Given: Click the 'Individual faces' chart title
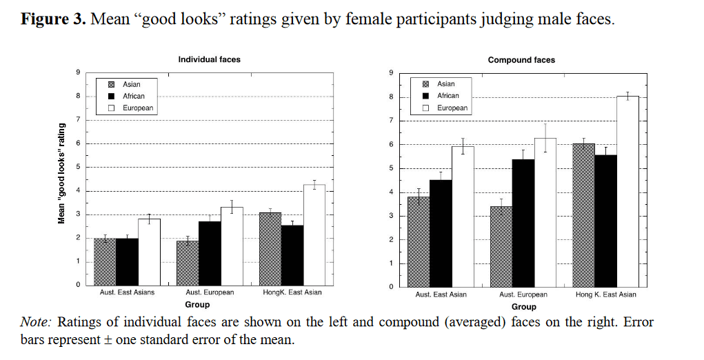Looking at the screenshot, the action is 209,59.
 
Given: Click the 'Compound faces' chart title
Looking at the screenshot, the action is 521,60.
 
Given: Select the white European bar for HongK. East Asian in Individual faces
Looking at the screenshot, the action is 314,234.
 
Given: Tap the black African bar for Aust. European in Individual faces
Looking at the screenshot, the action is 210,254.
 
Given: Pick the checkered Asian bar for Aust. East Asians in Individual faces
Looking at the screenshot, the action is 105,261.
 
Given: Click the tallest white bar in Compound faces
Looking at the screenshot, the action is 627,192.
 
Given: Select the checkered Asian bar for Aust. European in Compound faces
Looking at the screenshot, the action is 501,247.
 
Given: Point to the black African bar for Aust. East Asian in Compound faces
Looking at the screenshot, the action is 441,233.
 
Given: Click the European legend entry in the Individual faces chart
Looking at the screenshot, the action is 131,108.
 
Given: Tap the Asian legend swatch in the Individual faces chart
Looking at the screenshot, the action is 112,84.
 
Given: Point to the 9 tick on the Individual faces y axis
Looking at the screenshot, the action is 78,72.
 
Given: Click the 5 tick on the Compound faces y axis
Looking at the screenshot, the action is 391,168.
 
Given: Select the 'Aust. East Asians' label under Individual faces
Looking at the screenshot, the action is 127,292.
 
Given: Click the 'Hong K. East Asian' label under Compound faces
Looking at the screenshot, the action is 605,294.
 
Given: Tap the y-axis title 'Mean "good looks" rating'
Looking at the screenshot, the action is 61,174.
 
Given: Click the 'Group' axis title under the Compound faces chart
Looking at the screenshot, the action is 524,307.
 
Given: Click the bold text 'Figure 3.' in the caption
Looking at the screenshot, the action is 53,19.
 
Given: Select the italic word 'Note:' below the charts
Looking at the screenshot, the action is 37,322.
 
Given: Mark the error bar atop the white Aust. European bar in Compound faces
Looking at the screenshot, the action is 545,138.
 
